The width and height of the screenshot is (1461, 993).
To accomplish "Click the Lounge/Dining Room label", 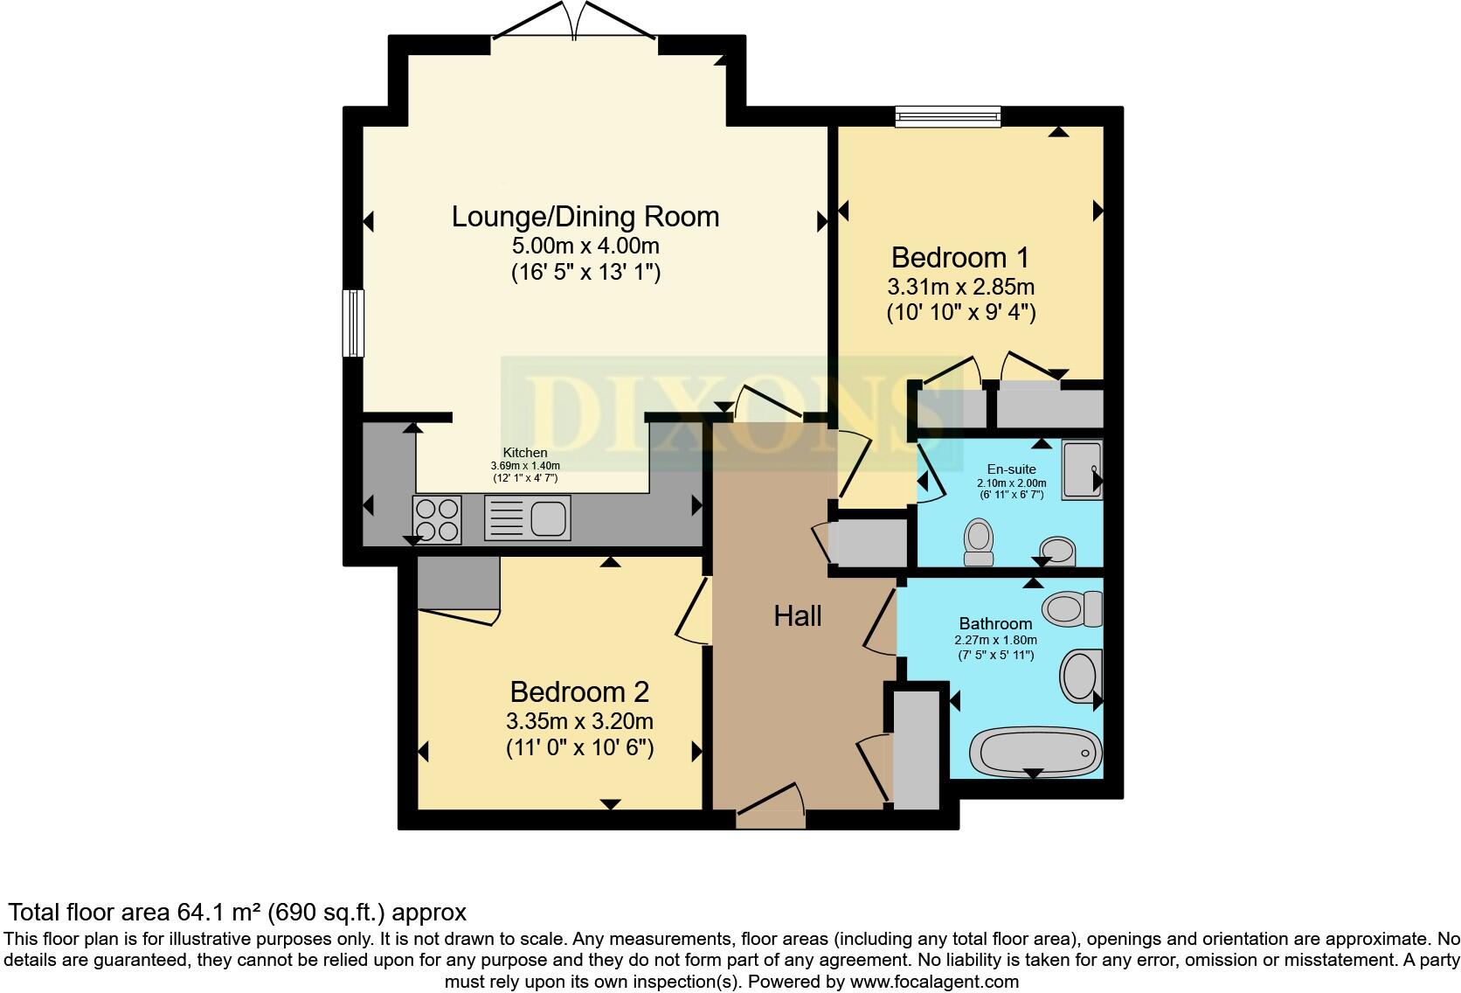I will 585,216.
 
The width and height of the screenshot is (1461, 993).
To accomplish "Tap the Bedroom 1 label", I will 959,257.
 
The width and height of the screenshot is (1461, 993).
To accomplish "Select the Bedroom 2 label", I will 579,691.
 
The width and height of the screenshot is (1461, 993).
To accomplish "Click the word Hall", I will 797,616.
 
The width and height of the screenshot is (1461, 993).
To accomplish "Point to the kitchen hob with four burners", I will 437,519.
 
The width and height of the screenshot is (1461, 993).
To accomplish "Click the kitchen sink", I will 527,517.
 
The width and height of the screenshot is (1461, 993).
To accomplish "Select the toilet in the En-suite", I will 979,541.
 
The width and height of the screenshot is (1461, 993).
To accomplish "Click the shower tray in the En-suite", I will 1082,469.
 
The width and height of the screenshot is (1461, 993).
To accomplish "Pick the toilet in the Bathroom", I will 1073,608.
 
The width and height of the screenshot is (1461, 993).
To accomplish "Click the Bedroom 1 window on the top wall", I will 947,116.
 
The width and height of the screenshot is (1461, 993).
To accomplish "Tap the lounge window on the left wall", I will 352,323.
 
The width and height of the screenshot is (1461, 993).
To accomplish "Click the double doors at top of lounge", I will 575,22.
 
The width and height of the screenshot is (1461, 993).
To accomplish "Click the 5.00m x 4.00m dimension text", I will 585,246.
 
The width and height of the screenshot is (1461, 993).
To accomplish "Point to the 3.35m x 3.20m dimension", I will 579,721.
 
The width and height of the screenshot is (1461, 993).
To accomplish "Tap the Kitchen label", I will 525,453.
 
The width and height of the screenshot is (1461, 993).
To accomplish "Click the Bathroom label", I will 995,623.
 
